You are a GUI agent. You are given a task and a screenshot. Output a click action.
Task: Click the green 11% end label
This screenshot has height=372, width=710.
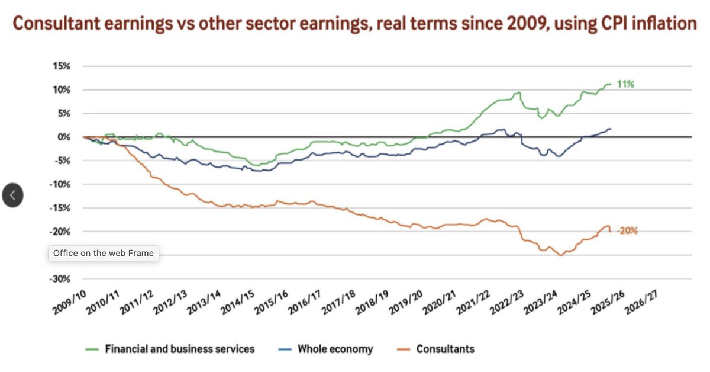pyautogui.click(x=626, y=85)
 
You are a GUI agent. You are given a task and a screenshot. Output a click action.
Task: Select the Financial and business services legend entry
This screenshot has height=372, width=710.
pyautogui.click(x=180, y=349)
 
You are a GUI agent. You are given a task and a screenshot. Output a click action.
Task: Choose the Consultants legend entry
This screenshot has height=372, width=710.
pyautogui.click(x=445, y=349)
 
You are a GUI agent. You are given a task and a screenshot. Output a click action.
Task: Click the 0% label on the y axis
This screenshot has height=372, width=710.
pyautogui.click(x=64, y=137)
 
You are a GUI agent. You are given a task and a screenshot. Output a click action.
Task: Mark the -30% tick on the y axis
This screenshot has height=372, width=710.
pyautogui.click(x=60, y=278)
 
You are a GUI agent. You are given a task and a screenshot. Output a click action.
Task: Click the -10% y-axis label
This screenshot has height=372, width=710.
pyautogui.click(x=60, y=184)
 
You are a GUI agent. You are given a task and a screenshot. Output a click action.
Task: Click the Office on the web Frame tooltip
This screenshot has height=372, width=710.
pyautogui.click(x=104, y=253)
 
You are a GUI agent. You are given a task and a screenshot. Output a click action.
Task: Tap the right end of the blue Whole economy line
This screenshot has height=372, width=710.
pyautogui.click(x=611, y=129)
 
